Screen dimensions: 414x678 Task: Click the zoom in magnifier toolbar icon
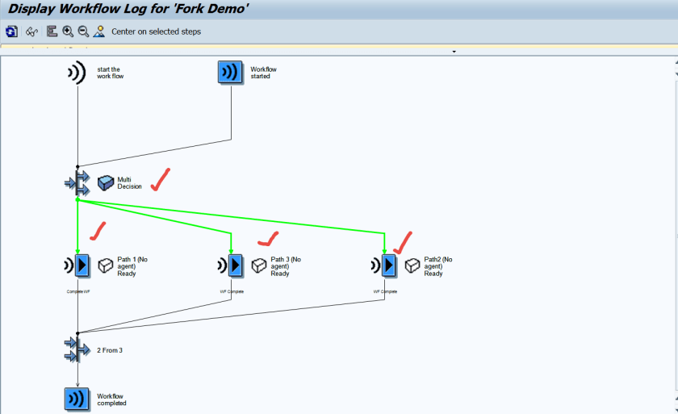click(68, 31)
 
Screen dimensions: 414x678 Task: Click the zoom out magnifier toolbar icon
click(83, 31)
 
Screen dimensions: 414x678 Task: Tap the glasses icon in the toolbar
click(31, 31)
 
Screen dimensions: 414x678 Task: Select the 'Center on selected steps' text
click(156, 31)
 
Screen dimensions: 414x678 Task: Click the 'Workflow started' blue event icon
click(231, 73)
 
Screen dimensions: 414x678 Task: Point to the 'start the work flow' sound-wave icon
click(77, 73)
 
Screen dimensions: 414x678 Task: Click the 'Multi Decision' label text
click(129, 183)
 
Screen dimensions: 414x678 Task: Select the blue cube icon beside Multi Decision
click(106, 183)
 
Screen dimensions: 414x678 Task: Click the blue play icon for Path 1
click(81, 265)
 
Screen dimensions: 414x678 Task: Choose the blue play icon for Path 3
click(234, 265)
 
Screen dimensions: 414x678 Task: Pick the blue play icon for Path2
click(388, 265)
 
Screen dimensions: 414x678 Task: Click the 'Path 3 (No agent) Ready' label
click(286, 266)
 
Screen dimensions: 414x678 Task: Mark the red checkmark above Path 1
click(98, 232)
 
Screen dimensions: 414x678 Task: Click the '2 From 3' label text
click(110, 350)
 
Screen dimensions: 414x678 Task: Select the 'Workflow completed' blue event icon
click(77, 399)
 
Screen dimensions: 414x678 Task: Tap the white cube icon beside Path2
click(412, 266)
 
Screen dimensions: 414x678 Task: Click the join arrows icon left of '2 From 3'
click(77, 349)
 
